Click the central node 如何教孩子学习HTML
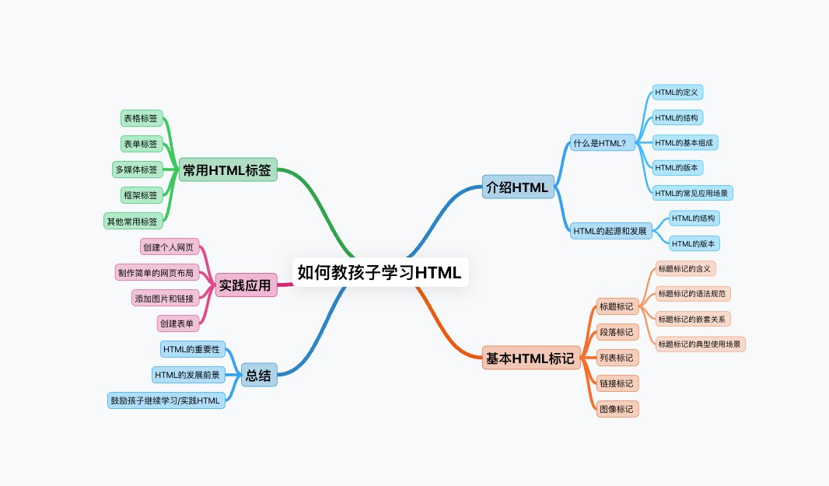[380, 272]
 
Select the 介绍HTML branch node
[517, 187]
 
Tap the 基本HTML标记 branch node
[530, 358]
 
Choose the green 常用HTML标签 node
[228, 170]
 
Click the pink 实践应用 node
[245, 285]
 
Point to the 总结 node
[258, 376]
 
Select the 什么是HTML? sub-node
[603, 143]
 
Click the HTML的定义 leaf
[677, 93]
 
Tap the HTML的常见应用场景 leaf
[692, 192]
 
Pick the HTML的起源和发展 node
[611, 231]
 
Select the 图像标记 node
[617, 408]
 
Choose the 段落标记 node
[617, 333]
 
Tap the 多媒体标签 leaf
[135, 169]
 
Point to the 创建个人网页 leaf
[169, 247]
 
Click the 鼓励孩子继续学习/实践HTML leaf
[166, 400]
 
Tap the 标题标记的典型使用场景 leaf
[700, 344]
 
